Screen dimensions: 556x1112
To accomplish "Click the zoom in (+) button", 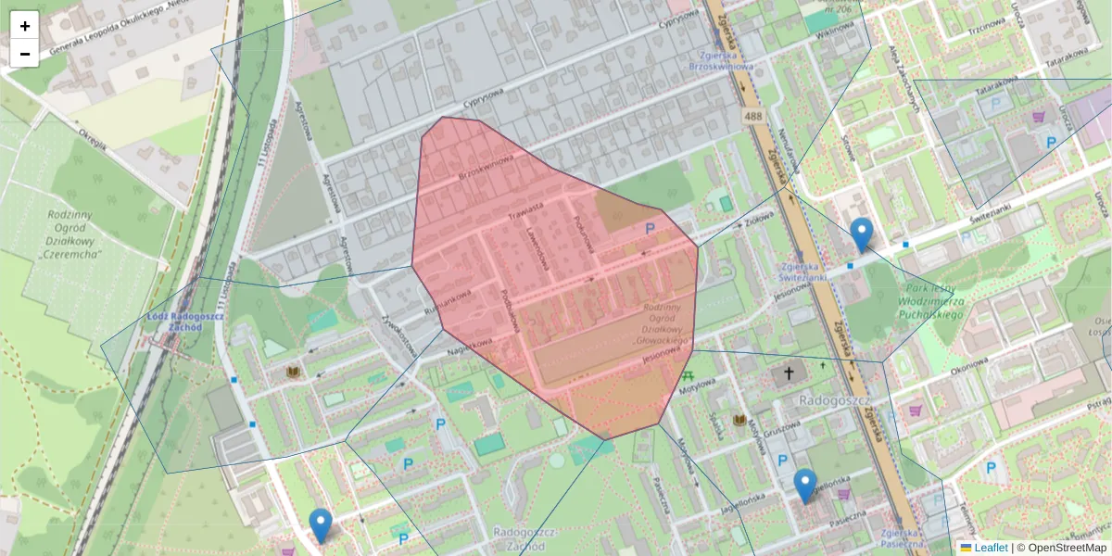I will point(24,26).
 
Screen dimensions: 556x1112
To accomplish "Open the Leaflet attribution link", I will point(990,548).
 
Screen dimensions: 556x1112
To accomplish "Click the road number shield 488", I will point(752,116).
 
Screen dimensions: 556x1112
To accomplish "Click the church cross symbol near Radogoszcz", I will point(789,373).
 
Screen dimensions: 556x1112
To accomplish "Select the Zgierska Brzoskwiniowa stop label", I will point(722,60).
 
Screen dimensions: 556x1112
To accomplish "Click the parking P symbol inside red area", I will point(650,228).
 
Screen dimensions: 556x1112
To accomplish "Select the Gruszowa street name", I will point(777,431).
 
